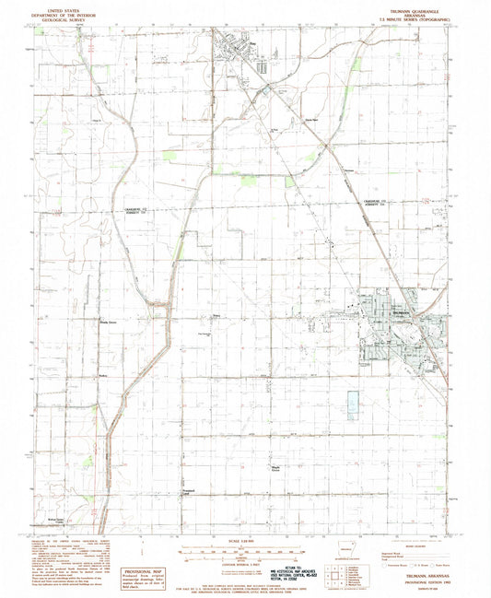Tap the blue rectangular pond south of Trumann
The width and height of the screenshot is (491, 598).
pos(352,405)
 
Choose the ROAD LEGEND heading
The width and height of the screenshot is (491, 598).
pos(406,544)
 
